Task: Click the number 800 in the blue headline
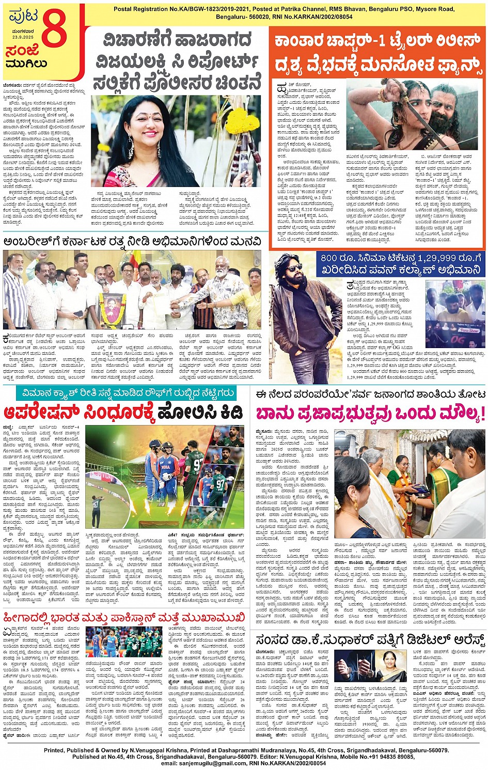pyautogui.click(x=329, y=257)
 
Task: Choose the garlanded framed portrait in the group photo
pyautogui.click(x=111, y=305)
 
